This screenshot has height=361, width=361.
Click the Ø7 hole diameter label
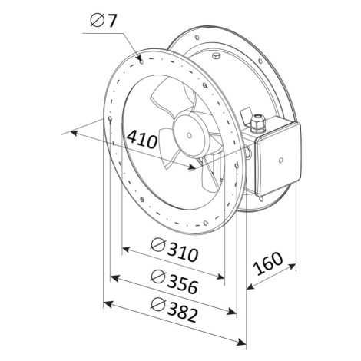104,21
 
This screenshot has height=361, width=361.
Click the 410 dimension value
142,140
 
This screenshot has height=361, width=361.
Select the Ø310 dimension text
175,250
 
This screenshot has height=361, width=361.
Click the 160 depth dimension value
268,263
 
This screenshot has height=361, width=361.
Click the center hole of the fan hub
189,135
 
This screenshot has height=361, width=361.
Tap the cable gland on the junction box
257,124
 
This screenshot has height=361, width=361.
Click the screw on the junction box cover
280,160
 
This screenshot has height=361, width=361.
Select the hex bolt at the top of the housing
217,56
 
